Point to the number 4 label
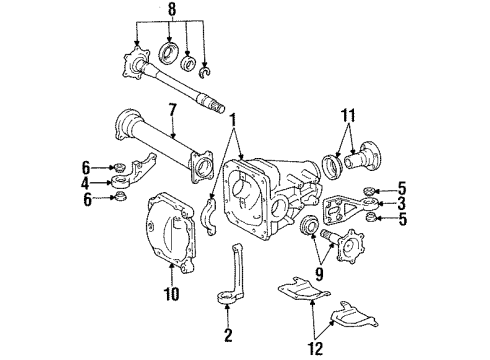pos(86,183)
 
